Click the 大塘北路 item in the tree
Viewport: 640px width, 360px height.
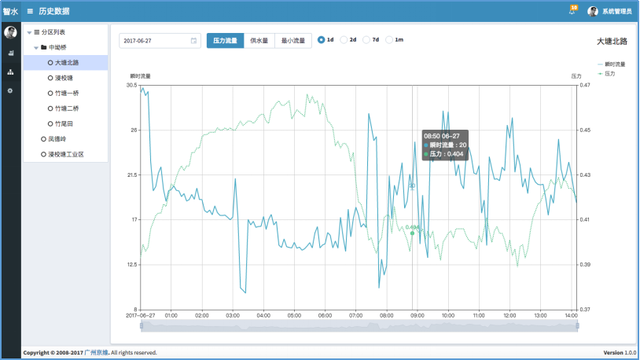(x=67, y=62)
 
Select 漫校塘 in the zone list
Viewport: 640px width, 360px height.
(x=65, y=78)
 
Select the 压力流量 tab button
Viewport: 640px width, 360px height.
(x=225, y=40)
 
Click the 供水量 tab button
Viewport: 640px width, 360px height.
(x=259, y=40)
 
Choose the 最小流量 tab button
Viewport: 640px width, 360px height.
(x=293, y=40)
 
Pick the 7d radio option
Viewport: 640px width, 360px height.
(x=372, y=39)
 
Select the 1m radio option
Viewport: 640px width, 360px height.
(x=395, y=39)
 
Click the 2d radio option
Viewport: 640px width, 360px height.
(x=349, y=39)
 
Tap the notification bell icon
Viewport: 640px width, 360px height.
(x=572, y=10)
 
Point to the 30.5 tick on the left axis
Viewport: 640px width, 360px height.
(x=131, y=85)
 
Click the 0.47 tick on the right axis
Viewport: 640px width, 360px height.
(x=585, y=85)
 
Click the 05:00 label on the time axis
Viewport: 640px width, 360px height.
(x=294, y=315)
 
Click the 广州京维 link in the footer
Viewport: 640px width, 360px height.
(x=96, y=353)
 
